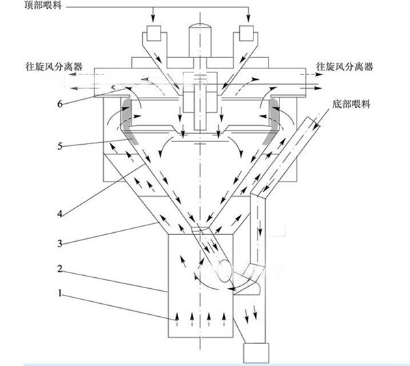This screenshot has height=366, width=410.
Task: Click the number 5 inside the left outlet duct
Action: pos(114,89)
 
